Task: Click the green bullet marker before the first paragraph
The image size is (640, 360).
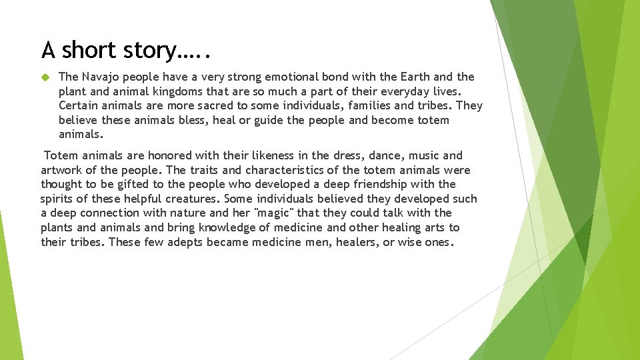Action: coord(45,77)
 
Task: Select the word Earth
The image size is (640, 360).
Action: coord(417,77)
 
